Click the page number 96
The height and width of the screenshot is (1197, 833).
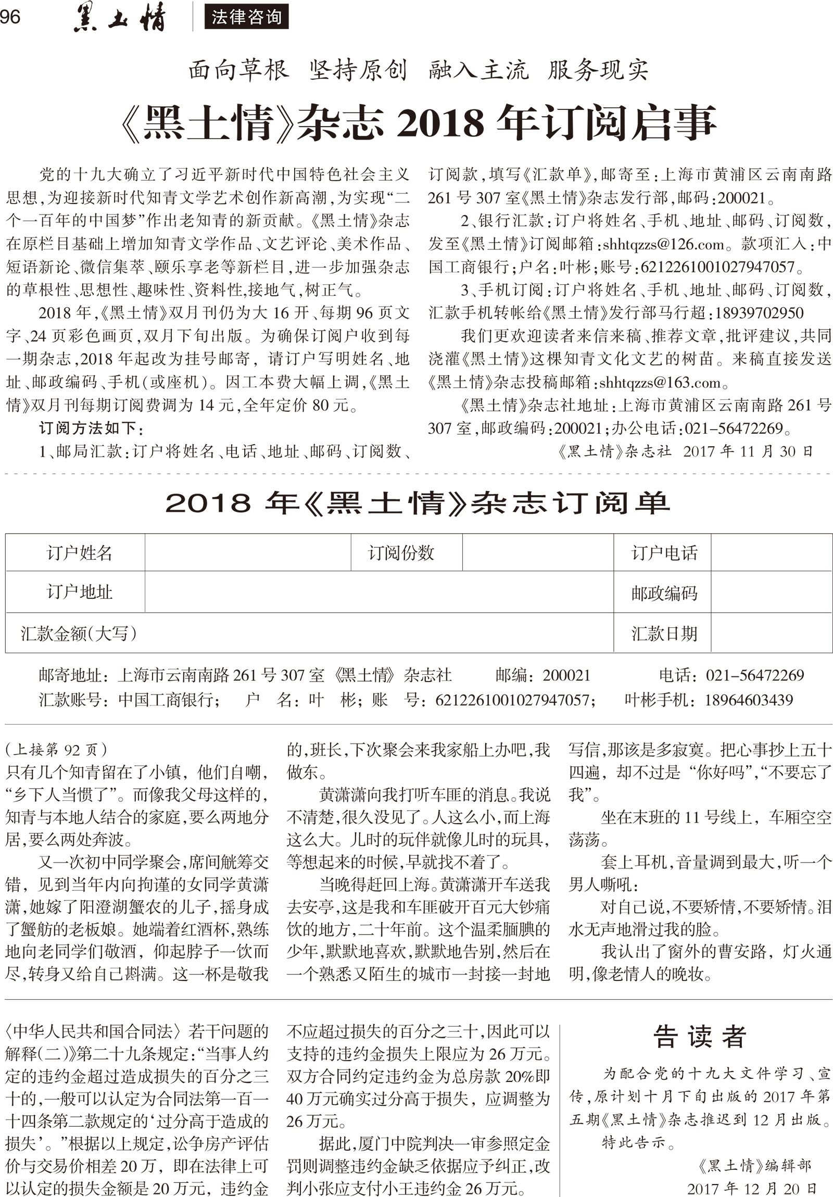[x=10, y=17]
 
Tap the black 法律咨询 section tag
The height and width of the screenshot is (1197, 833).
[x=246, y=17]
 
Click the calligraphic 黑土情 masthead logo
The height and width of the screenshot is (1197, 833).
[x=119, y=18]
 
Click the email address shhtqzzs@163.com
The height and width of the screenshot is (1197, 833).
[x=660, y=383]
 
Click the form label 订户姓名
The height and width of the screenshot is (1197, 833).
[x=79, y=552]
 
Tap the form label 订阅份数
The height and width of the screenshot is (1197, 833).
[x=401, y=552]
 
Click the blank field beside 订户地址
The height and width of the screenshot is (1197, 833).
[x=378, y=591]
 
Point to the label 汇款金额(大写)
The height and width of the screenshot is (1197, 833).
[x=79, y=634]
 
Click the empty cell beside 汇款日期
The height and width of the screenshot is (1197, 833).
[x=771, y=634]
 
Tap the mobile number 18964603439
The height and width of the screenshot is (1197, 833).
[x=749, y=700]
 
